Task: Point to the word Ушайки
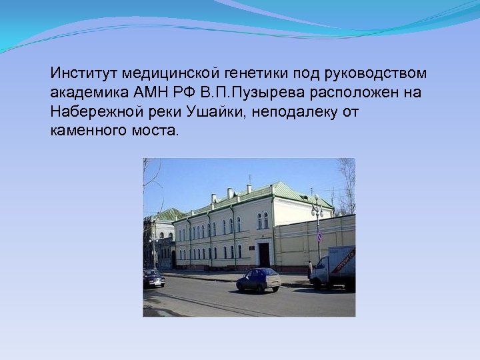pos(217,111)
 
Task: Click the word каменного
pos(84,130)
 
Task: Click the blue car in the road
pos(259,279)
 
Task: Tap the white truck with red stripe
pos(333,267)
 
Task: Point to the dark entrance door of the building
pos(264,254)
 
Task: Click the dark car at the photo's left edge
pos(153,278)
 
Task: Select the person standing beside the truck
pos(310,269)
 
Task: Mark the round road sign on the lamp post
pos(319,237)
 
